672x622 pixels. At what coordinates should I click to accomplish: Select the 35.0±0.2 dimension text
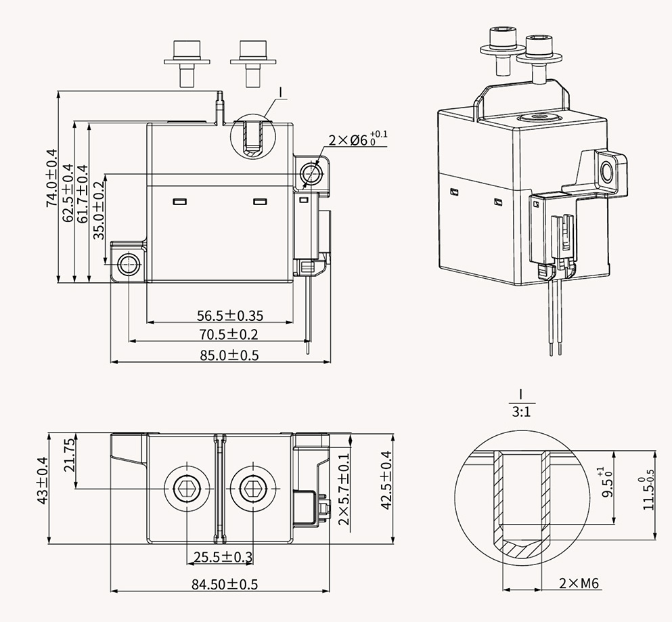(99, 210)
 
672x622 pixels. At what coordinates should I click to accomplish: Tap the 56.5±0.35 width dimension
(230, 315)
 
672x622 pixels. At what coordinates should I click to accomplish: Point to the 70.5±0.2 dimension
(227, 334)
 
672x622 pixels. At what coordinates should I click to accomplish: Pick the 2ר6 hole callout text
(357, 140)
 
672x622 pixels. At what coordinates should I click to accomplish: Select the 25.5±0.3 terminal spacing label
(223, 557)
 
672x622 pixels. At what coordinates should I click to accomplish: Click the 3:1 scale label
(520, 412)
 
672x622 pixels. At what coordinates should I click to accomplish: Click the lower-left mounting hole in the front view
(127, 263)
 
